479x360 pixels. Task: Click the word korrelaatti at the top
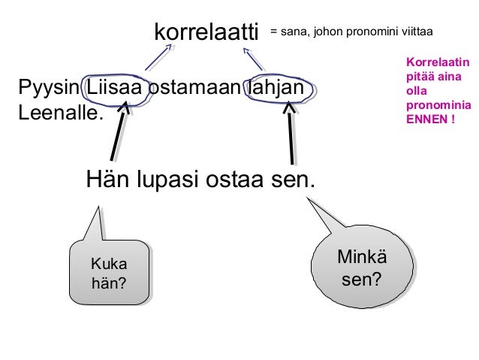[x=205, y=32]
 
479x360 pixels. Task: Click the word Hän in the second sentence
[x=104, y=180]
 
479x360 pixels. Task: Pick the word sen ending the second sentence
[x=294, y=180]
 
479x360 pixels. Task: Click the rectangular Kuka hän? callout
[x=108, y=273]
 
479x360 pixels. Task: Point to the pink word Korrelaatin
[x=437, y=62]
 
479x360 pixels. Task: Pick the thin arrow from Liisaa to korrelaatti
[x=158, y=57]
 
